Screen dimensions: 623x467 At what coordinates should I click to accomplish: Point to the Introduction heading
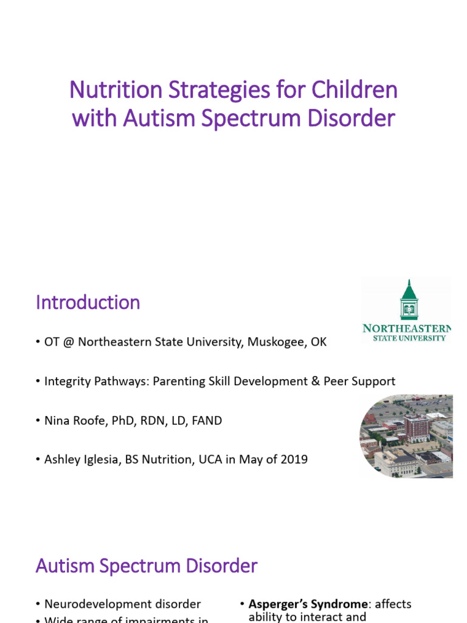click(88, 302)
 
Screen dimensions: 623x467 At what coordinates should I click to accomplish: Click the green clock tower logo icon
click(407, 301)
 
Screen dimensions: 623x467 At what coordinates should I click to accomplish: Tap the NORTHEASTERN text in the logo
click(407, 329)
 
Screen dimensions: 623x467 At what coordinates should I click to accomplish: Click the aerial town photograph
click(406, 436)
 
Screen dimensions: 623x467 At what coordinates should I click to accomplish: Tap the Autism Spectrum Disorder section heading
click(147, 566)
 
